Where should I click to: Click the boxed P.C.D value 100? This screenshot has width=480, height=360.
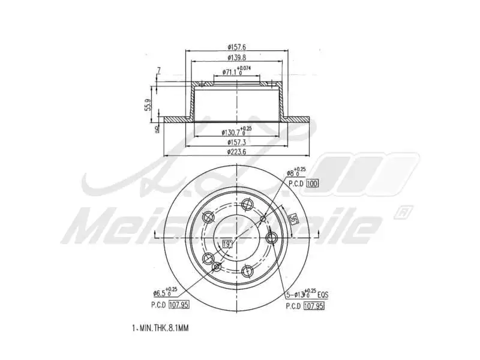(x=311, y=184)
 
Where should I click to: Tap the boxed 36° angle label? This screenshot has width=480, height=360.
(x=293, y=220)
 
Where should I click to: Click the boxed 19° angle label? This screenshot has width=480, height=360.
(x=227, y=244)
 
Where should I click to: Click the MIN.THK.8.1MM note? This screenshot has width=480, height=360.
(x=160, y=328)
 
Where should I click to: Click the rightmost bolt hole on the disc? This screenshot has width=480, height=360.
(x=271, y=239)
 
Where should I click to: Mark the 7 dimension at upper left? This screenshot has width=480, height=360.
(x=158, y=71)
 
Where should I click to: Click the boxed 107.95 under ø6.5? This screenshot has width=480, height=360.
(x=178, y=305)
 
